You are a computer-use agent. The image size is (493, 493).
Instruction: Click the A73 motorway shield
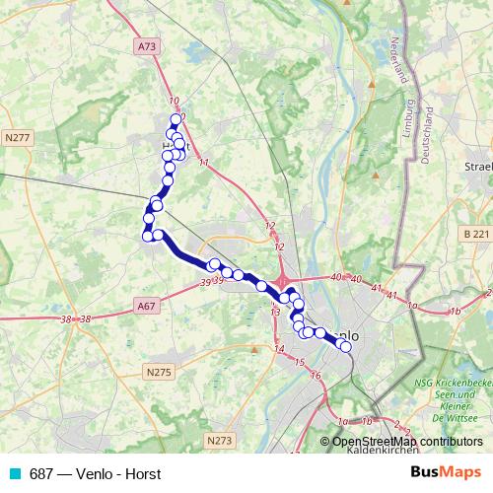147,45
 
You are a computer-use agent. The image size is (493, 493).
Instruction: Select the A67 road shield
147,307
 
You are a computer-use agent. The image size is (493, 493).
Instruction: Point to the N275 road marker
158,372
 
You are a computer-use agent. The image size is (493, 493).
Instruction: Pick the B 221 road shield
474,234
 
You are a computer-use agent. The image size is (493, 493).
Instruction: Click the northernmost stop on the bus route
176,119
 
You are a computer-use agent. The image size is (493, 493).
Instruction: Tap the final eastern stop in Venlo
345,345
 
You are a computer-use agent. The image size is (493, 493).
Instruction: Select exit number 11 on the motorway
203,162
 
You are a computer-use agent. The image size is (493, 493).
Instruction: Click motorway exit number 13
275,312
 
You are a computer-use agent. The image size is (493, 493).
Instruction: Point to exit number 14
279,349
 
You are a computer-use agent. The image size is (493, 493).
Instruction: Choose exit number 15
299,363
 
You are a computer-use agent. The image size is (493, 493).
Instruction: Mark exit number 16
315,376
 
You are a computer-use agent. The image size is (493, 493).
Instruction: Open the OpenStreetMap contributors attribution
407,441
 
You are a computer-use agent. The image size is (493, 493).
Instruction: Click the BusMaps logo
446,472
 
